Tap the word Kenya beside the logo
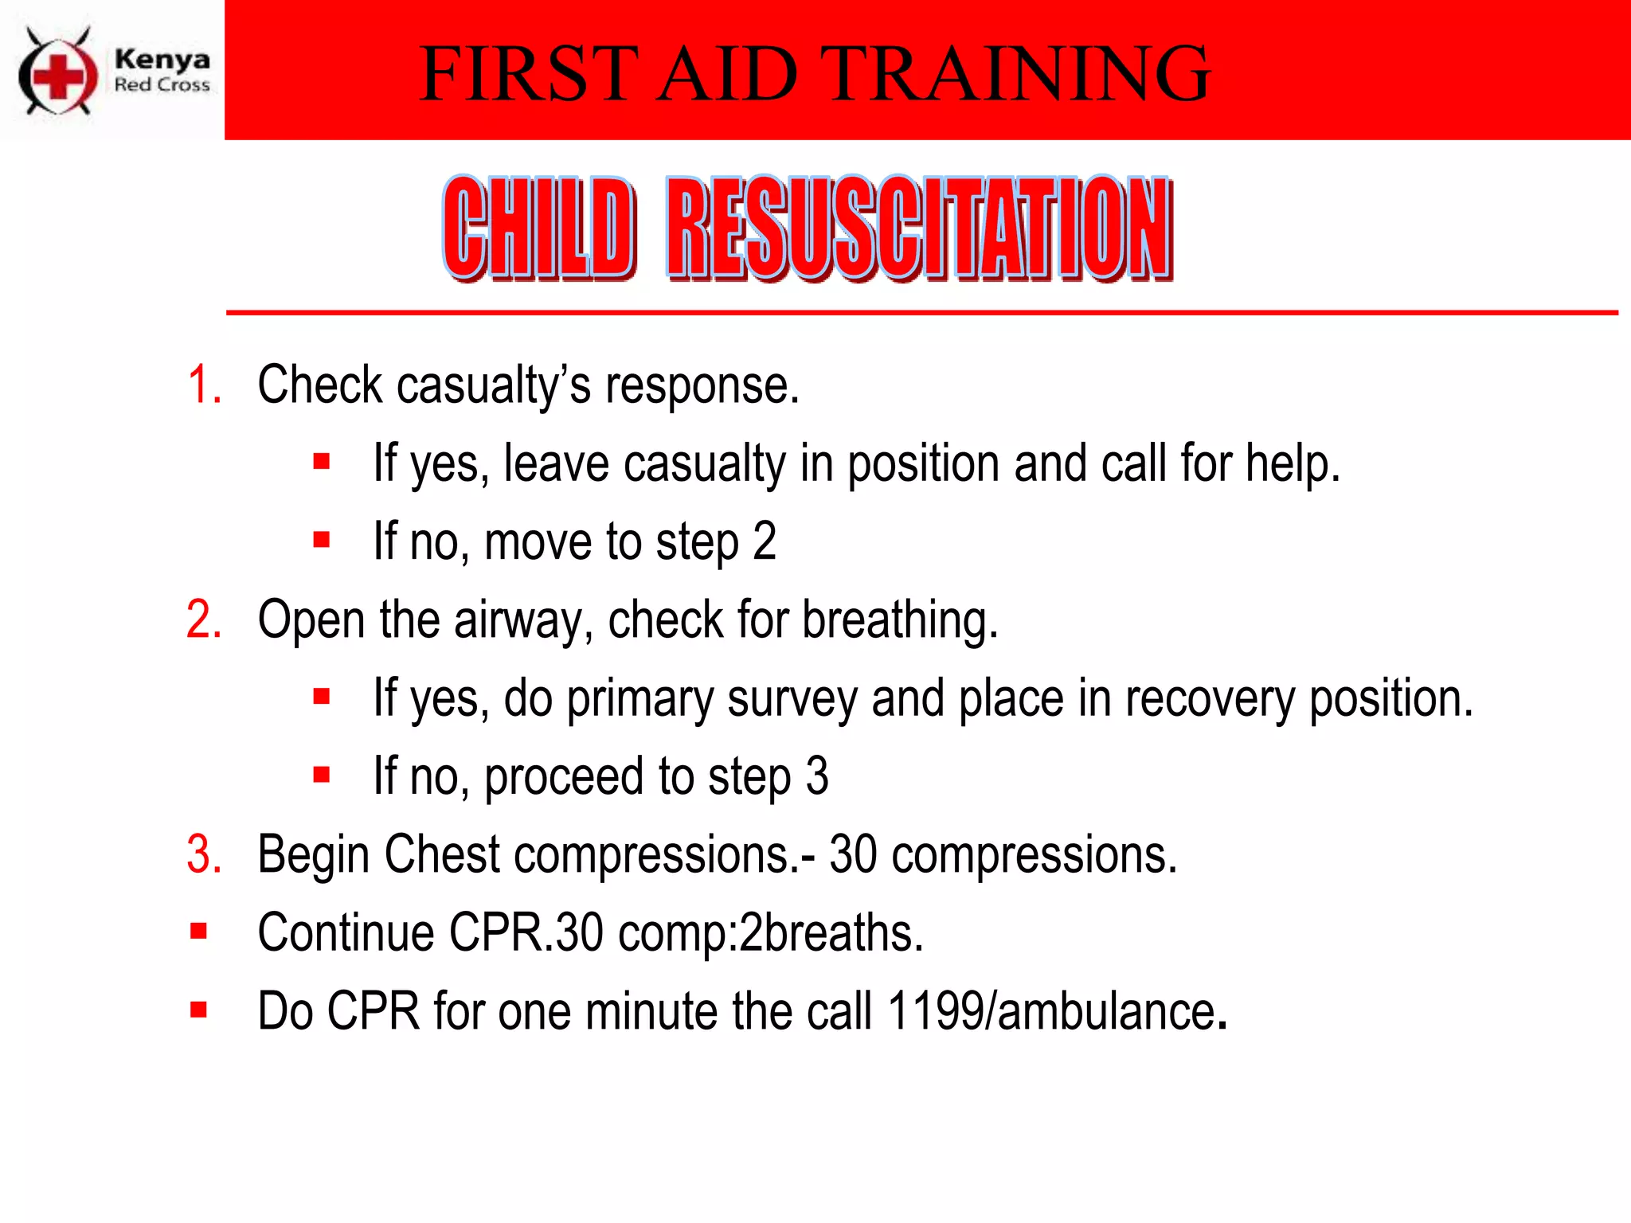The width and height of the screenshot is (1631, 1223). pos(162,59)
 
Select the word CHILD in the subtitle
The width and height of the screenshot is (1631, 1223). pos(539,228)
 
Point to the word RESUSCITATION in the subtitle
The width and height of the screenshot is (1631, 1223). pos(919,228)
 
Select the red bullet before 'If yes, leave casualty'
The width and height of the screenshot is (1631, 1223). pos(322,462)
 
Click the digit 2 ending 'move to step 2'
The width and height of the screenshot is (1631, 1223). pos(765,541)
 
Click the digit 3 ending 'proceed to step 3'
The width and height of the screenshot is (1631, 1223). pos(817,776)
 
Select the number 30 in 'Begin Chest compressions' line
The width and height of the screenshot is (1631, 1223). pos(853,855)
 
